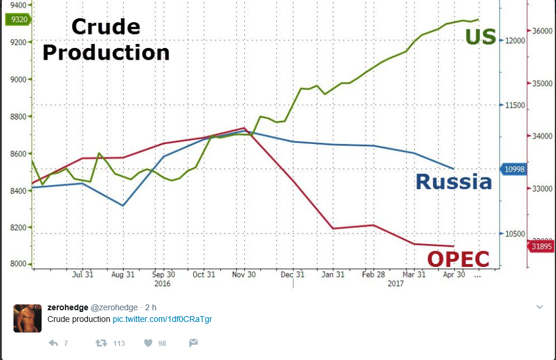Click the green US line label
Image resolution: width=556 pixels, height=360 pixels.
(481, 36)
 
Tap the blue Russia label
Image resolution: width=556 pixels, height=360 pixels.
(453, 181)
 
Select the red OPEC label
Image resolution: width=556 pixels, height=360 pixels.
(458, 258)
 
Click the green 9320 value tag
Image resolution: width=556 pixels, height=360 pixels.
(17, 19)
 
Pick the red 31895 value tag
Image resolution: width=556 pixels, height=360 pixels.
(541, 247)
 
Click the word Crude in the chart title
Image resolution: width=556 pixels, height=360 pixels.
(105, 27)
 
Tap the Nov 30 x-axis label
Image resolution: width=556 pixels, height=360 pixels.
(244, 275)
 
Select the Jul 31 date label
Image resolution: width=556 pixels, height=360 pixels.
(83, 275)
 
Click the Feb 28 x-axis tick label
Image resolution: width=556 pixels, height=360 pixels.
(373, 275)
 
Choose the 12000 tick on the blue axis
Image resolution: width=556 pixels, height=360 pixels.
(516, 40)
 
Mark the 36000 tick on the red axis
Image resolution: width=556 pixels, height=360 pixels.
(543, 31)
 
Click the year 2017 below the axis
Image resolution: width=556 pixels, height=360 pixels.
(396, 283)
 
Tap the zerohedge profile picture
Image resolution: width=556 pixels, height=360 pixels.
(28, 318)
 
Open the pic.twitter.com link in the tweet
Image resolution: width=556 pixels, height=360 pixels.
(162, 319)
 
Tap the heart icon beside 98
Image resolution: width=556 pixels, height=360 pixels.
(148, 343)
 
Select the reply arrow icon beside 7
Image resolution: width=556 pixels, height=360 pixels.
(53, 343)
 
